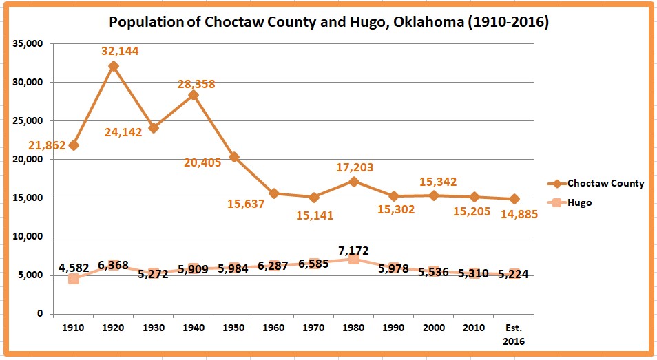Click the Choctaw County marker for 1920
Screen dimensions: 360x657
pyautogui.click(x=114, y=66)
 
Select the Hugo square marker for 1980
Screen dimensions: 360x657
pyautogui.click(x=354, y=259)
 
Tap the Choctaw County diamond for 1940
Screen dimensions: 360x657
pyautogui.click(x=194, y=95)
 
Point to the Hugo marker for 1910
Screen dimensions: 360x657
pyautogui.click(x=73, y=279)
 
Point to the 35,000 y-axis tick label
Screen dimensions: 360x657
pyautogui.click(x=28, y=43)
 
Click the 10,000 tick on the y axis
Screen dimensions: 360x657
pyautogui.click(x=28, y=237)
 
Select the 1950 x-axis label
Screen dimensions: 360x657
pyautogui.click(x=233, y=328)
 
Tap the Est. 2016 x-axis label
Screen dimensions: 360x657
pyautogui.click(x=514, y=334)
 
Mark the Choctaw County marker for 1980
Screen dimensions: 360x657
pyautogui.click(x=354, y=182)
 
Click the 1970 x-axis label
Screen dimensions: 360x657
pyautogui.click(x=313, y=328)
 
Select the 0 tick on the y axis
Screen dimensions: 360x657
pyautogui.click(x=39, y=314)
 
